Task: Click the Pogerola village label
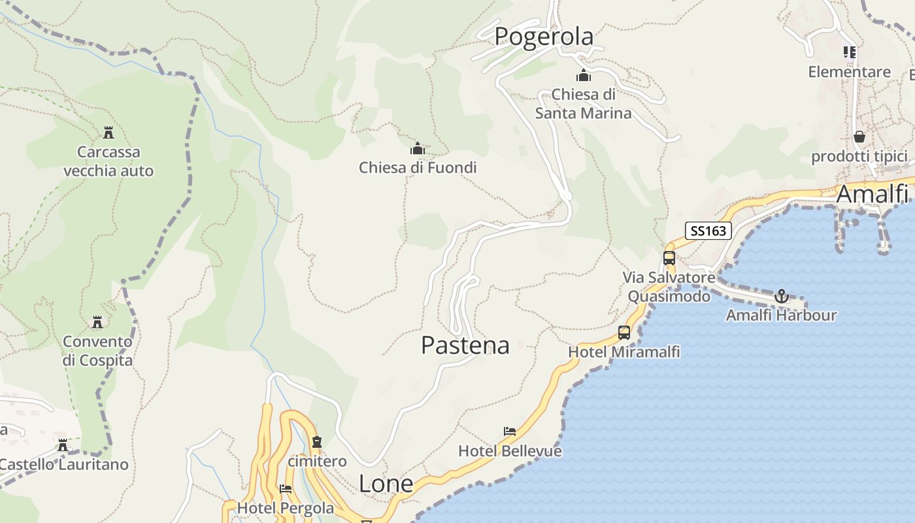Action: pyautogui.click(x=544, y=37)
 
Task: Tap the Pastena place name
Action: pyautogui.click(x=465, y=345)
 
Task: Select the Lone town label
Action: pyautogui.click(x=386, y=484)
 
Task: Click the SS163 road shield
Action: pyautogui.click(x=708, y=231)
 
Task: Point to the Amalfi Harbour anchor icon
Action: pyautogui.click(x=782, y=297)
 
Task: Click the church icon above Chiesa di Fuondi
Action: pyautogui.click(x=417, y=149)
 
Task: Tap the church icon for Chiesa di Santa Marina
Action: pyautogui.click(x=583, y=75)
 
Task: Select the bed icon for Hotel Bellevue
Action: pyautogui.click(x=510, y=431)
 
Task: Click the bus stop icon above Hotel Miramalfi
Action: pyautogui.click(x=624, y=333)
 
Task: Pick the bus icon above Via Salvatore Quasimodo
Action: pyautogui.click(x=669, y=258)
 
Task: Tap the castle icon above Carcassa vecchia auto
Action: pyautogui.click(x=108, y=133)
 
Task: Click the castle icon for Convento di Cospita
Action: pyautogui.click(x=97, y=322)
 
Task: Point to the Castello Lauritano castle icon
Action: pyautogui.click(x=63, y=445)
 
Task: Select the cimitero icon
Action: pyautogui.click(x=317, y=442)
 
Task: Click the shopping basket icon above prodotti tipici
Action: pyautogui.click(x=859, y=137)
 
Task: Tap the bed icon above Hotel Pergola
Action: pyautogui.click(x=285, y=488)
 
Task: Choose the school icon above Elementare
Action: pyautogui.click(x=849, y=52)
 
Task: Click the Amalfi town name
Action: pyautogui.click(x=872, y=194)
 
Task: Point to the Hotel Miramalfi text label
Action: pyautogui.click(x=624, y=352)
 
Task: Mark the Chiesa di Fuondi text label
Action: pyautogui.click(x=418, y=168)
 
